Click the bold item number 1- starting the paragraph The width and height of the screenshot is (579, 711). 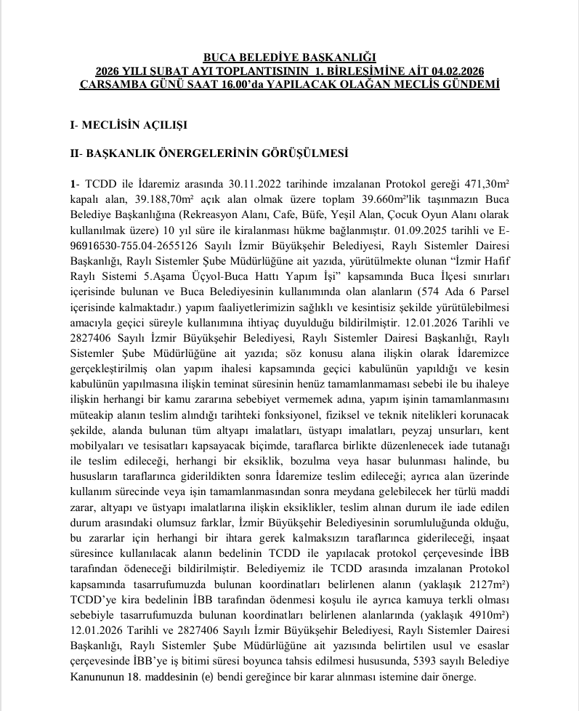click(x=74, y=181)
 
